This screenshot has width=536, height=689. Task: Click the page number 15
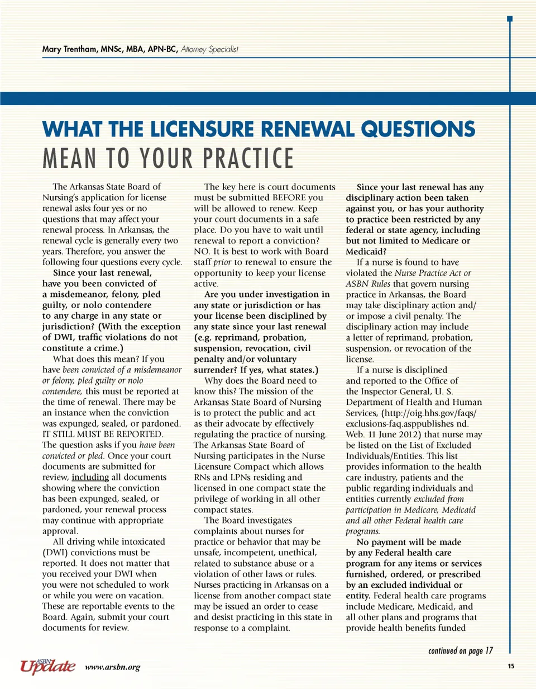tap(511, 666)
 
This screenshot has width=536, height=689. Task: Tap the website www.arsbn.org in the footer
tap(112, 667)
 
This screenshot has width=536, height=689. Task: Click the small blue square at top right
tap(509, 20)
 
